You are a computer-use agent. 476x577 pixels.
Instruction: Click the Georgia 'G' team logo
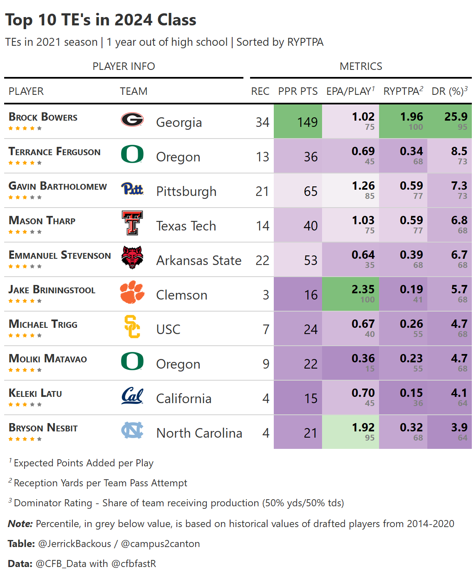132,120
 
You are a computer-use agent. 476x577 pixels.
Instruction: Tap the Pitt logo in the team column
132,189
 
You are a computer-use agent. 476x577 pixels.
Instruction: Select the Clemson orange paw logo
132,292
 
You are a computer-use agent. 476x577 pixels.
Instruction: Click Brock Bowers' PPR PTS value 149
307,122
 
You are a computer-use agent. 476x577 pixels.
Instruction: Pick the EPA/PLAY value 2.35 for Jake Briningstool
363,289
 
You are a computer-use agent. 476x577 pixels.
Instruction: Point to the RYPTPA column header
403,91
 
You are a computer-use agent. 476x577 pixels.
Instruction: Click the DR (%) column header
449,91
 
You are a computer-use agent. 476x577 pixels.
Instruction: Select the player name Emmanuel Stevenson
60,255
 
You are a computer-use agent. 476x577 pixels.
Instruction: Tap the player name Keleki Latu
35,393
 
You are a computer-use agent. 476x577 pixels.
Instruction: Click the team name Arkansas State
199,260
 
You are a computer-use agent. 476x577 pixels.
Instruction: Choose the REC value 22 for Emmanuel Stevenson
262,260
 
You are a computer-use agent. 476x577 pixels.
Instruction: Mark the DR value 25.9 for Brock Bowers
456,117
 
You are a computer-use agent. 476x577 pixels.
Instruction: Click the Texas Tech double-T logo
132,223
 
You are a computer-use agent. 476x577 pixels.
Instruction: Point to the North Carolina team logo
132,430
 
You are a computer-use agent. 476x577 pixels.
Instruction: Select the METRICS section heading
361,67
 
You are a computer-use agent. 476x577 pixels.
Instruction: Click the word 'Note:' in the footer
20,524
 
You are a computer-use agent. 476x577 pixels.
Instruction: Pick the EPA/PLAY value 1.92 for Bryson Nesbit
363,427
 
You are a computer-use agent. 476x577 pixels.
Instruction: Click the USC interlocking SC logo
132,327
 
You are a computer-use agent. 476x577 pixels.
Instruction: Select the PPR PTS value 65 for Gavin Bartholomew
310,191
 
